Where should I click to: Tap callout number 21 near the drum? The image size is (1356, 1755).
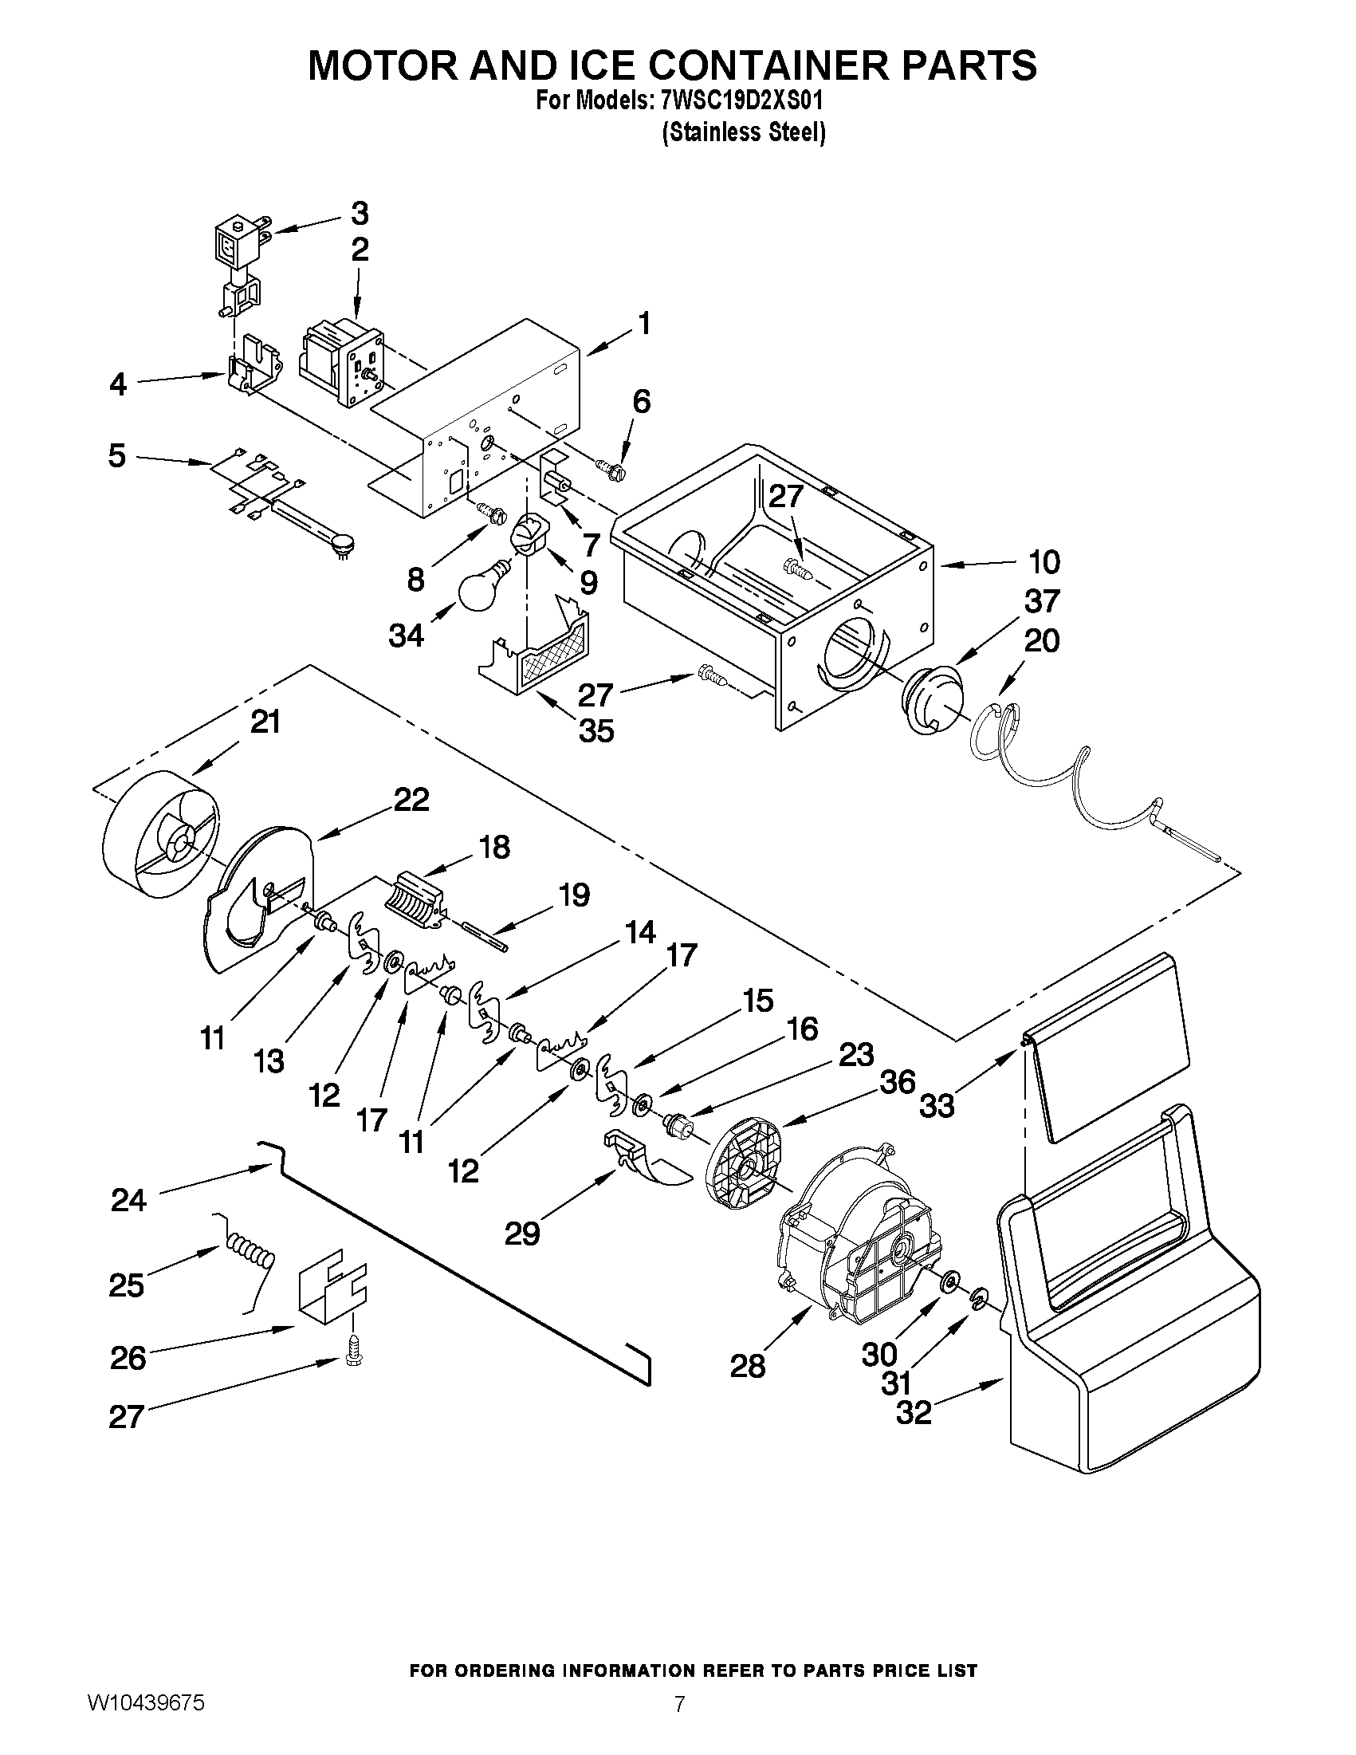tap(265, 722)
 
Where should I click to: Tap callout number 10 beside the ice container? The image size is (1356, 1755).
tap(1044, 561)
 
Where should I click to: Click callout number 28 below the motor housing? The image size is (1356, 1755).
tap(747, 1365)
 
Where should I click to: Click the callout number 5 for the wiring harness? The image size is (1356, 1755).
tap(117, 455)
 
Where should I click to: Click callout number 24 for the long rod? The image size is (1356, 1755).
tap(128, 1201)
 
